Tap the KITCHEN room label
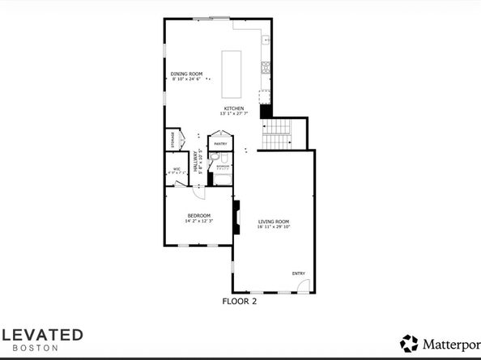[x=234, y=108]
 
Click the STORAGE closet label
[x=172, y=139]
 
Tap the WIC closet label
[x=175, y=169]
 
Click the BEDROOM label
[x=198, y=215]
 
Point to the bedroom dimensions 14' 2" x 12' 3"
[x=198, y=221]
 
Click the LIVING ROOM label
[x=274, y=221]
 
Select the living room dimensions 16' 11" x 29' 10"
[x=274, y=227]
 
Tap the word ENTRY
[x=298, y=273]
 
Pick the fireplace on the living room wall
[x=236, y=217]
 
